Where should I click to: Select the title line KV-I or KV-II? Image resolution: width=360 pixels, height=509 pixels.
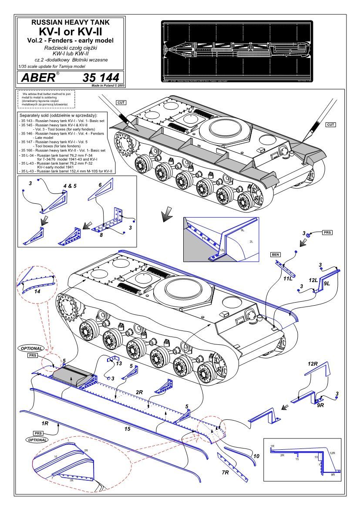point(71,31)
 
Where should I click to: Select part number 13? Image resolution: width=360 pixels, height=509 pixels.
point(119,363)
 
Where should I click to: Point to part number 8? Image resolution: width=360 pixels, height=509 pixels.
point(101,235)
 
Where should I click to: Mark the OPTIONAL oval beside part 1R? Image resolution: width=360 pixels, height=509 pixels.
point(36,440)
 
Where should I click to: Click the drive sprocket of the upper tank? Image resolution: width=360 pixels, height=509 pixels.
point(126,144)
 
